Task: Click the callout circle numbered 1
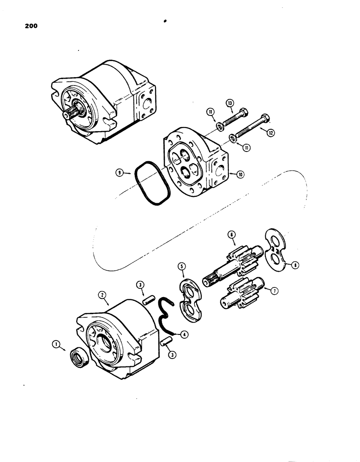coord(56,344)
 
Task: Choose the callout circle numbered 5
coord(182,267)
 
